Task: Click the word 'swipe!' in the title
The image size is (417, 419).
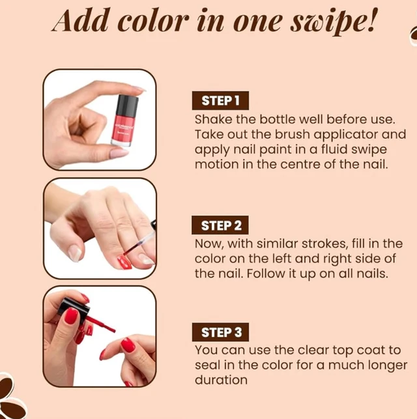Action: coord(334,22)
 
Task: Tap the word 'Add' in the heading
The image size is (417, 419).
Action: coord(80,20)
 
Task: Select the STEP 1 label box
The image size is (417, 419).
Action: coord(220,100)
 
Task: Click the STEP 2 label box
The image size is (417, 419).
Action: coord(220,225)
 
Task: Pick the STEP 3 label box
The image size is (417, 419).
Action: coord(220,332)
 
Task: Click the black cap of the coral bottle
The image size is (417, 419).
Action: coord(128,105)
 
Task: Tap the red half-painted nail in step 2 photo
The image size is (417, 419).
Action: coord(125,262)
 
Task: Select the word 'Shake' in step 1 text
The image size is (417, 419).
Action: coord(214,119)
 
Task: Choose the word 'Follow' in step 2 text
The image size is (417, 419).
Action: coord(266,274)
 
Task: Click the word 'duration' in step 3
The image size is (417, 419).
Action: coord(221,380)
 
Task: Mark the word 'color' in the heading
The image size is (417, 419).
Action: coord(153,22)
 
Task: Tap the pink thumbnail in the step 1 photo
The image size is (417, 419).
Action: coord(119,153)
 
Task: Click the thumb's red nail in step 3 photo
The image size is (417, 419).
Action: coord(71,315)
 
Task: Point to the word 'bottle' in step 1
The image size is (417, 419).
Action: coord(278,119)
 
